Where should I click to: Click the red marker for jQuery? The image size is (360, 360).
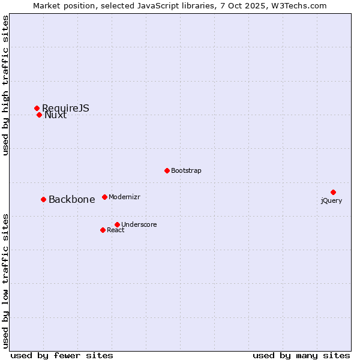pos(333,192)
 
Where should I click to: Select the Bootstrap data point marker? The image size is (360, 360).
pos(167,170)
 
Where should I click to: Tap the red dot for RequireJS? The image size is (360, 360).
pos(37,108)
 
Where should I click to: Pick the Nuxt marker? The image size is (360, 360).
pos(39,115)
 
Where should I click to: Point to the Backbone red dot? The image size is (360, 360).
pos(43,199)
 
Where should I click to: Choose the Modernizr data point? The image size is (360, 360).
pos(104,197)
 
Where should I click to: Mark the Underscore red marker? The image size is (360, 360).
pos(117,224)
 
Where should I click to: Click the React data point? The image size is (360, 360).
pos(103,230)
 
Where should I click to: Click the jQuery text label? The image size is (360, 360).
pos(331,200)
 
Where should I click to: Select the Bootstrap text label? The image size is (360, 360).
pos(186,171)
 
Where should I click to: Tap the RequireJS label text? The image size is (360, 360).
pos(66,108)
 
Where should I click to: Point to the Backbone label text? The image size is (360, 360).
pos(71,200)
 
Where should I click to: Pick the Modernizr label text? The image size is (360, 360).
pos(124,197)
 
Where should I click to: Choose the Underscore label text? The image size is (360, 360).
pos(139,225)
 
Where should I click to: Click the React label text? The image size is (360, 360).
pos(116,230)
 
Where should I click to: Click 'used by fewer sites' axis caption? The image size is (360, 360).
pos(62,355)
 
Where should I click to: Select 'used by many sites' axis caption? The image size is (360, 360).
pos(301,355)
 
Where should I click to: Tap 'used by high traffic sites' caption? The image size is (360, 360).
pos(6,86)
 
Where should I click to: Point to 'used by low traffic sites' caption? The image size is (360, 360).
pos(6,280)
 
